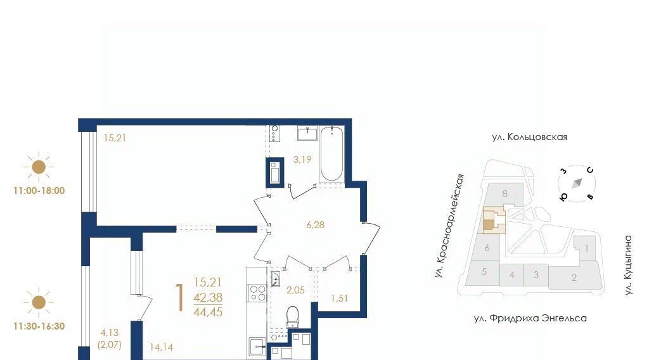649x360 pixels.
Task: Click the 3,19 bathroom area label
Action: (302, 159)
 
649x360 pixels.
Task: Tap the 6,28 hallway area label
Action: (316, 225)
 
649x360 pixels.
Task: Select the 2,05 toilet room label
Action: (295, 290)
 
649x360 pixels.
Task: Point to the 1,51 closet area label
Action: (340, 299)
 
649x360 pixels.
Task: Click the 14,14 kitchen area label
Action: (162, 347)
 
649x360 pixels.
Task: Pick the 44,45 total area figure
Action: (208, 312)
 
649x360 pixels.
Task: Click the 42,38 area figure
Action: (208, 297)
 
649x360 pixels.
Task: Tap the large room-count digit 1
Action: (179, 298)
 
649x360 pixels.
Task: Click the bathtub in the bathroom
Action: (331, 155)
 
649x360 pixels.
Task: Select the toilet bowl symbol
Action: (293, 317)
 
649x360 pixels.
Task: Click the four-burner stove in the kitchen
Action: (257, 293)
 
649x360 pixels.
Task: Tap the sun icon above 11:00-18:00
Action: (39, 167)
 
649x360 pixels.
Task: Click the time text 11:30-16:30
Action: (39, 326)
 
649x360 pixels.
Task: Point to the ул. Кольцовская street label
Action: (529, 137)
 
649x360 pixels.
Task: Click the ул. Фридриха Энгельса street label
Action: (530, 318)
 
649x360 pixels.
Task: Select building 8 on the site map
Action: (504, 194)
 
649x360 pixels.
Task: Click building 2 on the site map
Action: (574, 277)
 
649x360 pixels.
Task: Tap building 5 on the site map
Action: (484, 272)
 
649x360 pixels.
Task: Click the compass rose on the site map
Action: (577, 183)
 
